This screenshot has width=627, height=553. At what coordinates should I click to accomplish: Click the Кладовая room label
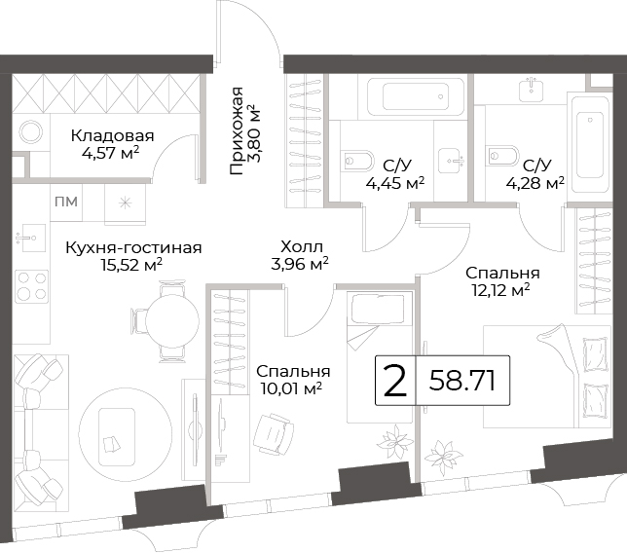112,136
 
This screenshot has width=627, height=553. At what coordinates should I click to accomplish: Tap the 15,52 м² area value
131,265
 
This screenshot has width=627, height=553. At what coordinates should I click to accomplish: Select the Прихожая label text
237,130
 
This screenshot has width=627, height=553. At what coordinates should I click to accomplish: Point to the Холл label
302,246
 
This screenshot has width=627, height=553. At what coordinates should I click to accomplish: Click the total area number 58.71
462,381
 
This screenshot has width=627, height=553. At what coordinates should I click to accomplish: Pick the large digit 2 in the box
394,382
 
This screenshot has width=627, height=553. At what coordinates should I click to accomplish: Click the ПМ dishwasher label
66,202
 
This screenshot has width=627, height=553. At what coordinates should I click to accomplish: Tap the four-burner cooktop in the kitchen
32,286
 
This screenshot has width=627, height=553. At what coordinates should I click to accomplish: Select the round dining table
172,320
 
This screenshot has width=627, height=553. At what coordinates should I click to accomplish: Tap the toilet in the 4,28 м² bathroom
501,156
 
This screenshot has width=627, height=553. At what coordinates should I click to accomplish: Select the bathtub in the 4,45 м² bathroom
416,96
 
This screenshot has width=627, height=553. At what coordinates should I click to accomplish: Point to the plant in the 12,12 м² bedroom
443,456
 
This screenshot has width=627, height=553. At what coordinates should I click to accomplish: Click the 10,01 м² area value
291,387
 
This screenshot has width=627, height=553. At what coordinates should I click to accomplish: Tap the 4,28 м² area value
535,184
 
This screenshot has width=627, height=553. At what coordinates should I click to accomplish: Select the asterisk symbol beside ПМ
126,203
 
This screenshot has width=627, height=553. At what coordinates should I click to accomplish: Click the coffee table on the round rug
117,437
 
